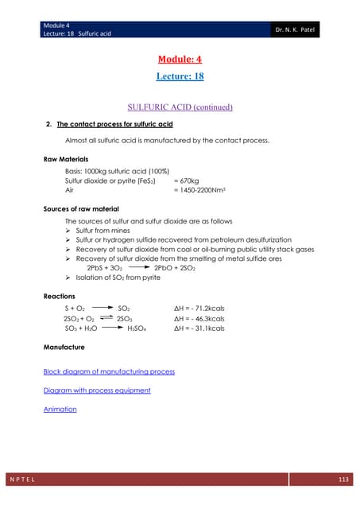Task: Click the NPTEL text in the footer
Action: pos(28,479)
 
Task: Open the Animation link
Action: pos(60,410)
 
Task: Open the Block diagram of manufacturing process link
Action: pos(109,371)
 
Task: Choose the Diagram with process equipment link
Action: pos(97,390)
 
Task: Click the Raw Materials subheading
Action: pos(66,159)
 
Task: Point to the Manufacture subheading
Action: pos(64,348)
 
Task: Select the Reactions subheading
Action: pos(60,295)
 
